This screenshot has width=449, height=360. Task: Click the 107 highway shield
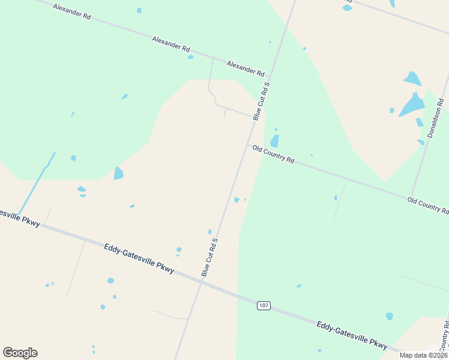[x=264, y=305]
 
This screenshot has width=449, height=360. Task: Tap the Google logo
[x=20, y=353]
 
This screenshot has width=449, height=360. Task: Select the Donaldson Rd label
[x=435, y=122]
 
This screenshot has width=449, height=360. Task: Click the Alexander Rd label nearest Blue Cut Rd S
[x=246, y=68]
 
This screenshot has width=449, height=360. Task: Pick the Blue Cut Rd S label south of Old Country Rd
[x=209, y=257]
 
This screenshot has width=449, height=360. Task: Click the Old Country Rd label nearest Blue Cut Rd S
[x=273, y=154]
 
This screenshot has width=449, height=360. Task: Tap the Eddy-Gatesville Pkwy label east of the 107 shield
[x=352, y=334]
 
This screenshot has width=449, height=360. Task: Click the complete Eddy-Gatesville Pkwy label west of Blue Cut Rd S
[x=139, y=259]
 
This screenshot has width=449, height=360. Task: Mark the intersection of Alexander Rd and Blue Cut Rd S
[x=270, y=78]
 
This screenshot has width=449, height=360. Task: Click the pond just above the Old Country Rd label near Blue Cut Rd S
[x=274, y=142]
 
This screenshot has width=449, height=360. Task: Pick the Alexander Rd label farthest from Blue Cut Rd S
[x=71, y=12]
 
